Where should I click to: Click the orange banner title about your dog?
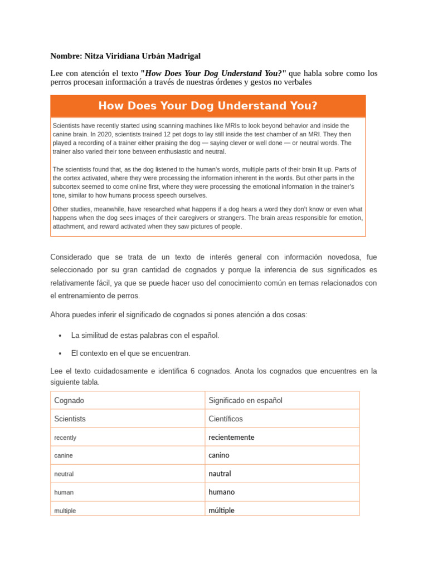208,106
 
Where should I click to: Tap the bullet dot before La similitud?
60,336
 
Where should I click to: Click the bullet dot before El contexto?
60,353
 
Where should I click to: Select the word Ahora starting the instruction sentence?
61,315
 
